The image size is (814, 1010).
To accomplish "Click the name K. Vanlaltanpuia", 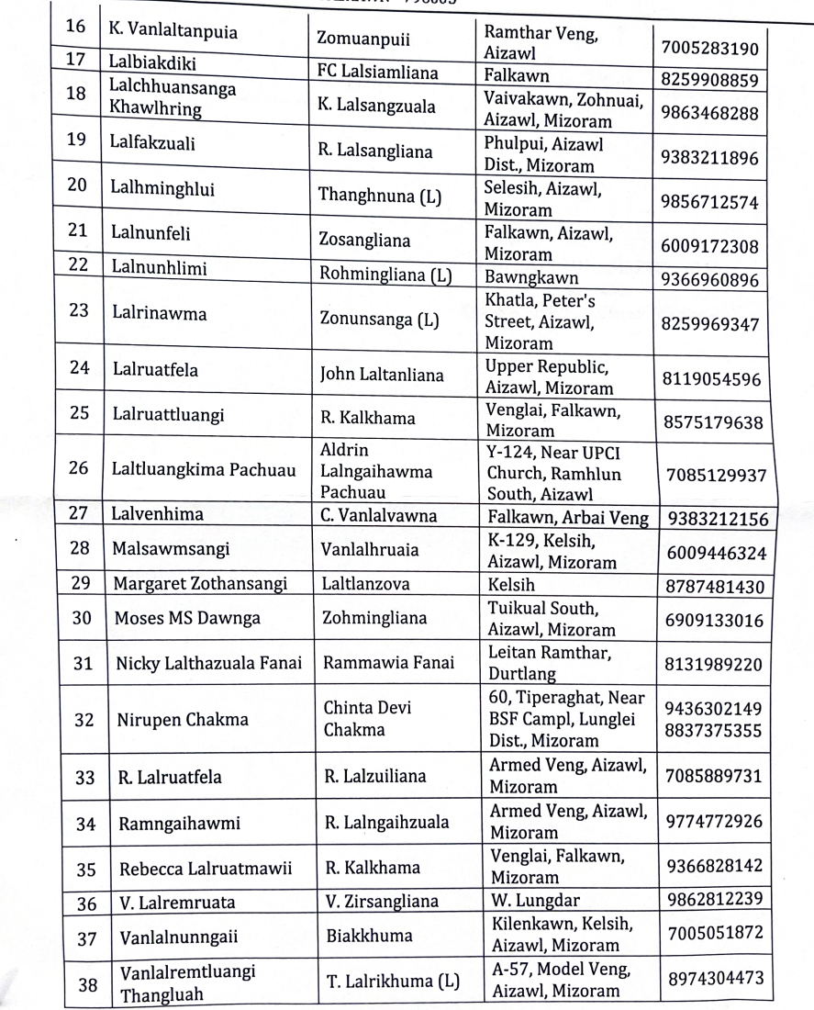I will (173, 34).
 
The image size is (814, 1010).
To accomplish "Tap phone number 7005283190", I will (710, 47).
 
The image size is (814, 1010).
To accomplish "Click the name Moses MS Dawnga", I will (186, 619).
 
